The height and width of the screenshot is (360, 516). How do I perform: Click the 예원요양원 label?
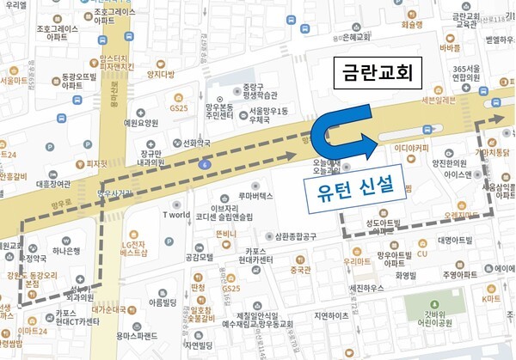tap(141, 123)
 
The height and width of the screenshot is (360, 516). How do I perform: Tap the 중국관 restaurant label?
tap(300, 270)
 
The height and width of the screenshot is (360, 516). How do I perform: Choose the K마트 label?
tap(491, 298)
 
